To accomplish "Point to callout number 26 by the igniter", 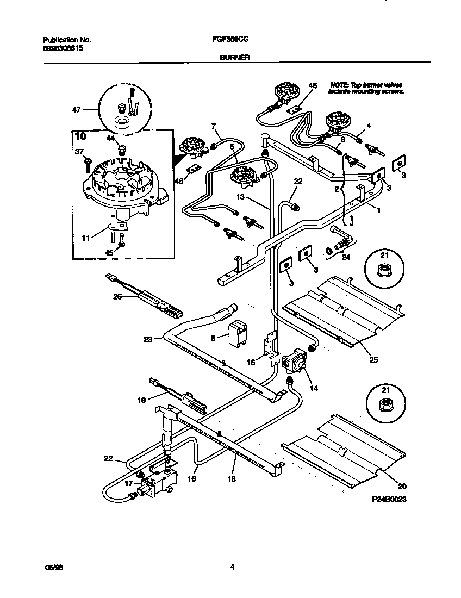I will click(x=117, y=297).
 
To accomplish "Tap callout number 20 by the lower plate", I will click(x=402, y=487).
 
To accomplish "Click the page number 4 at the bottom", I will click(x=232, y=568).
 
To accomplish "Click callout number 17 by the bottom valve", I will click(x=129, y=483).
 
